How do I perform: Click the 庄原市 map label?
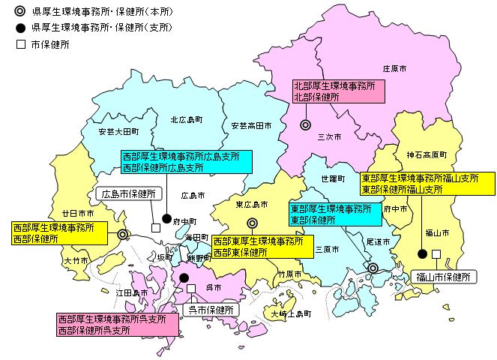(x=394, y=68)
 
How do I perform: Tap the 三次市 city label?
(x=329, y=137)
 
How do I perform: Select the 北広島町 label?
(x=186, y=119)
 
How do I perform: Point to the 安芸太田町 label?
(x=118, y=131)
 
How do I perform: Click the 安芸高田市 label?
(x=251, y=125)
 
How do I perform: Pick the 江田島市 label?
(x=132, y=292)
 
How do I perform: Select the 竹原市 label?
(x=289, y=274)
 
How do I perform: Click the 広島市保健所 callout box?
(x=129, y=194)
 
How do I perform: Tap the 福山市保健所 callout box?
(x=444, y=277)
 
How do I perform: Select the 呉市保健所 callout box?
(x=211, y=309)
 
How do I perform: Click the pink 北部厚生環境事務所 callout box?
(x=338, y=92)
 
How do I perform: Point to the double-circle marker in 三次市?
(x=305, y=125)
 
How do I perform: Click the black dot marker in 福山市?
(x=422, y=253)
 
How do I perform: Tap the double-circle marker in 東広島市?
(x=253, y=223)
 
